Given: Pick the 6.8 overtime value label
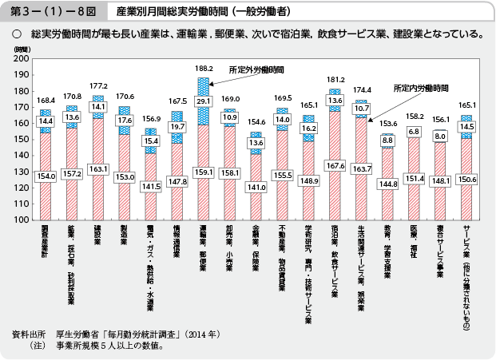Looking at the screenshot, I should tap(415, 131).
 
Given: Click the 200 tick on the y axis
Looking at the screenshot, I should tap(22, 59).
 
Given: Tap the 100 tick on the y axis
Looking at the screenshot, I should tap(22, 220).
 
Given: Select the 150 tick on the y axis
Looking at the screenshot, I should tap(22, 139).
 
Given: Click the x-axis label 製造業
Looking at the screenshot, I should tap(124, 240).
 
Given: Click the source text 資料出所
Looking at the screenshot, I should tap(28, 332).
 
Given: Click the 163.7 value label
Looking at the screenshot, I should tap(361, 168).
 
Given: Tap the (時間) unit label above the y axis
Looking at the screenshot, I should tap(20, 49).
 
